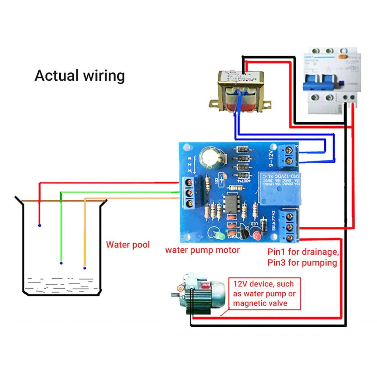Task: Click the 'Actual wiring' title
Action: coord(80,76)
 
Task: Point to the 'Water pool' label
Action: coord(128,245)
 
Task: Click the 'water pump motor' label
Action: coord(202,250)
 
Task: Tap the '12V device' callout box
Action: coord(264,294)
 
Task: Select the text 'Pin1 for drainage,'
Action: coord(302,253)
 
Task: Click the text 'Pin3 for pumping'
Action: coord(302,263)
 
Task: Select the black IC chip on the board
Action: coord(233,203)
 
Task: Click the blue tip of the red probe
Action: coord(39,225)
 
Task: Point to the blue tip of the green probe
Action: coord(61,263)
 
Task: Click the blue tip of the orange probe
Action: coord(85,268)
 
